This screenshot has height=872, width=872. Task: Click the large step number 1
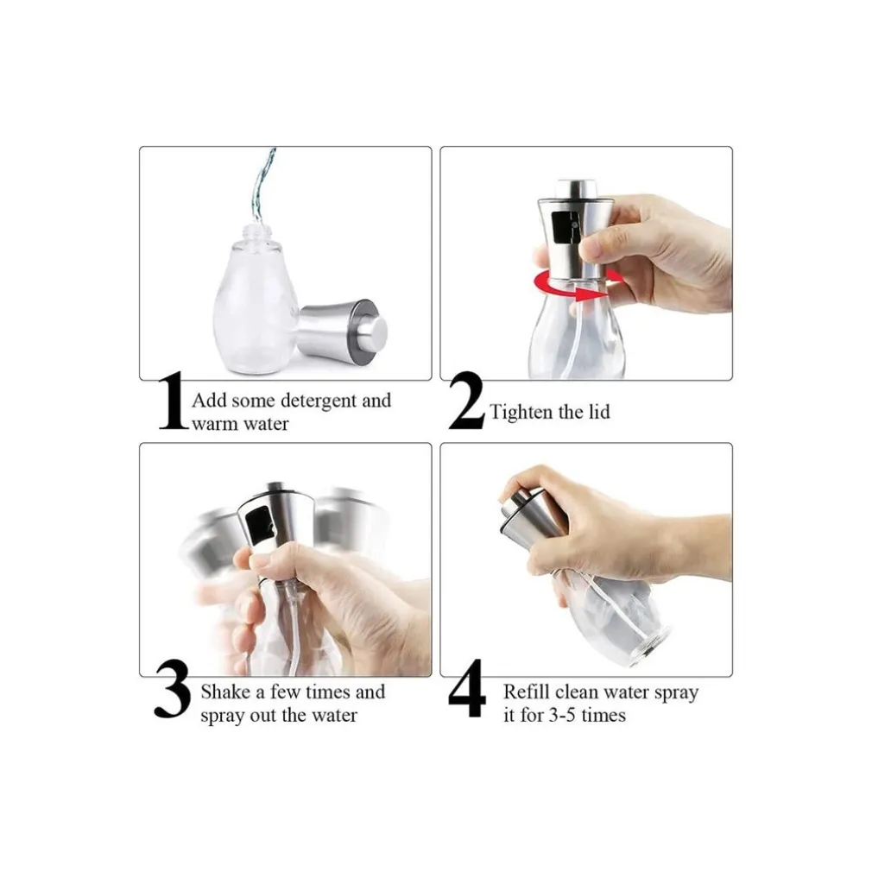(x=173, y=401)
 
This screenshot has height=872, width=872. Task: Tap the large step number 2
(x=466, y=401)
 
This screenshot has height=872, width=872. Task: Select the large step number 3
(x=172, y=689)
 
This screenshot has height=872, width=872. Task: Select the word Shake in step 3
(x=225, y=692)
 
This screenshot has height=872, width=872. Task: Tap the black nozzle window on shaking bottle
(x=260, y=526)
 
